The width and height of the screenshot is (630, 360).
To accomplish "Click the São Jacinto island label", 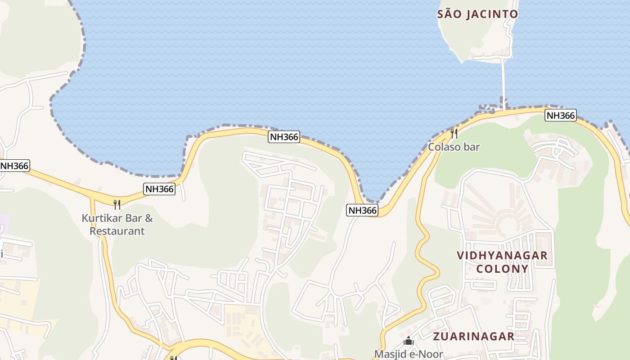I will [477, 14].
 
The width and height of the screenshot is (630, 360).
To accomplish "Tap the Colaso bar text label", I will [454, 147].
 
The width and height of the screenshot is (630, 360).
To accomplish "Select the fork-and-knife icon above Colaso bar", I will [454, 133].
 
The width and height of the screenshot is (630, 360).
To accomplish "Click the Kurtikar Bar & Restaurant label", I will [117, 225].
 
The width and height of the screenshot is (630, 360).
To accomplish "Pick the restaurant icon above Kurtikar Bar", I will [117, 205].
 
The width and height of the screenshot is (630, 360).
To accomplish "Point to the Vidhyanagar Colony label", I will [502, 262].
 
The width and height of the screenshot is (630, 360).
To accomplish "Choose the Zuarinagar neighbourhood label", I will [473, 336].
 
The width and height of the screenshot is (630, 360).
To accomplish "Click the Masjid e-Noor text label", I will [409, 354].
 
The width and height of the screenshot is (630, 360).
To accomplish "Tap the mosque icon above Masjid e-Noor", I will [409, 341].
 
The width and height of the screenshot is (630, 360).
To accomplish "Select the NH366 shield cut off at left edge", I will [14, 166].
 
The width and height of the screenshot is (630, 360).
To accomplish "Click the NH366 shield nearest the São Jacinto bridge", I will [560, 116].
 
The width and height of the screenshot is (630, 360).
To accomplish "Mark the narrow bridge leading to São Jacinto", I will [503, 81].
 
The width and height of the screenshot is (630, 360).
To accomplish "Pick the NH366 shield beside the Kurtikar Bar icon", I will [159, 189].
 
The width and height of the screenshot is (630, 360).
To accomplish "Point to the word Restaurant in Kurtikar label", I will [117, 231].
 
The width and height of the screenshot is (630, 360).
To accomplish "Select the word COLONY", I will [502, 269].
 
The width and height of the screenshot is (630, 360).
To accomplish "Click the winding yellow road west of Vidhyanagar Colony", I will [423, 243].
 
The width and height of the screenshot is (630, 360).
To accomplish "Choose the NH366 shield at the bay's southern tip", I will [362, 210].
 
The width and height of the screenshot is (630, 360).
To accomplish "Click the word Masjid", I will [390, 354].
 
